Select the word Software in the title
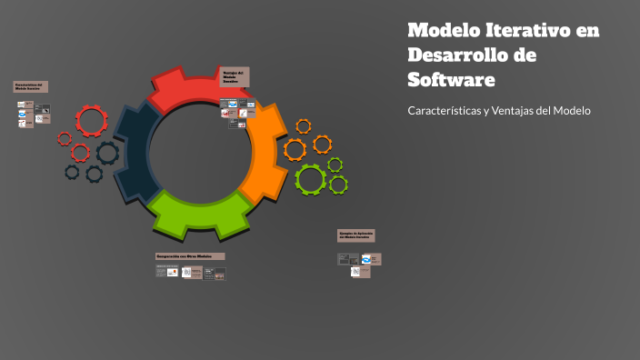point(451,80)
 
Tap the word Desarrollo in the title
point(458,55)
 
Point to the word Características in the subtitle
point(444,111)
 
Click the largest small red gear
point(91,121)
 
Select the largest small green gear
point(310,179)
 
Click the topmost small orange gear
point(304,126)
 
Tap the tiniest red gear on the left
point(65,139)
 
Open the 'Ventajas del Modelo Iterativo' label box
point(235,77)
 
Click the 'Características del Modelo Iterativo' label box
point(30,87)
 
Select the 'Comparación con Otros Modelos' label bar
point(190,256)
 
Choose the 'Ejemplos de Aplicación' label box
point(356,235)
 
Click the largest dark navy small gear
point(107,152)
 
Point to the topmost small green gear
point(335,165)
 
